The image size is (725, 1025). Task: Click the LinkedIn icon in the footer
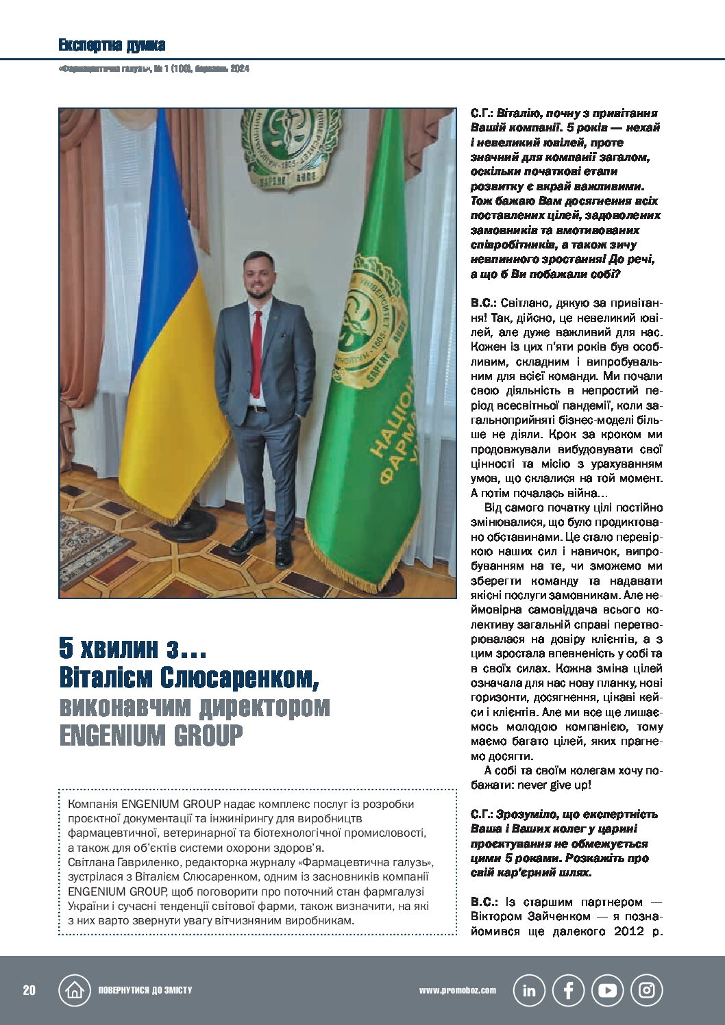tap(529, 990)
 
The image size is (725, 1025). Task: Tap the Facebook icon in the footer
tap(568, 990)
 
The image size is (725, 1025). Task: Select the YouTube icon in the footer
tap(607, 990)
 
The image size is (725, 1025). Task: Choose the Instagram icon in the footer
tap(646, 990)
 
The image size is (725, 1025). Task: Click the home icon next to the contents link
tap(75, 990)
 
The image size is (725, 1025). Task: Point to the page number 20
tap(29, 991)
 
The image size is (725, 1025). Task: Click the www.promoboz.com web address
tap(457, 990)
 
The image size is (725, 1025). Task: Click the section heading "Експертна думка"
tap(112, 46)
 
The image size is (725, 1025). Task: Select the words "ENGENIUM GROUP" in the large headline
tap(151, 736)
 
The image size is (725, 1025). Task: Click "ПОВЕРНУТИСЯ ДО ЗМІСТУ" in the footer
tap(145, 991)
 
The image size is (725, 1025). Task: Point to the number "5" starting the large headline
tap(66, 648)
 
